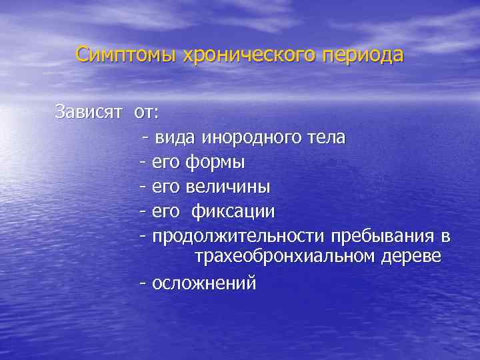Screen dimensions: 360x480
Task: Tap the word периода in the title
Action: tap(363, 54)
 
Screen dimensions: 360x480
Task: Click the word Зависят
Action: tap(89, 111)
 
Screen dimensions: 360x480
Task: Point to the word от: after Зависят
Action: tap(147, 111)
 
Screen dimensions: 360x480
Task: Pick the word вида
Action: tap(175, 138)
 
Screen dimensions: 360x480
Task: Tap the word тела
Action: tap(325, 138)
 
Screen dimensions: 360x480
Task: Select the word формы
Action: tap(215, 162)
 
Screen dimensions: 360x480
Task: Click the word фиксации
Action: tap(233, 211)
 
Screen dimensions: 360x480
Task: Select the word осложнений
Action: tap(204, 283)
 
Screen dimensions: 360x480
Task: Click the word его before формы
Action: tap(166, 163)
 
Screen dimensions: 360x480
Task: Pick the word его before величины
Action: tap(166, 187)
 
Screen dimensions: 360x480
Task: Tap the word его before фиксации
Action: tap(166, 211)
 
